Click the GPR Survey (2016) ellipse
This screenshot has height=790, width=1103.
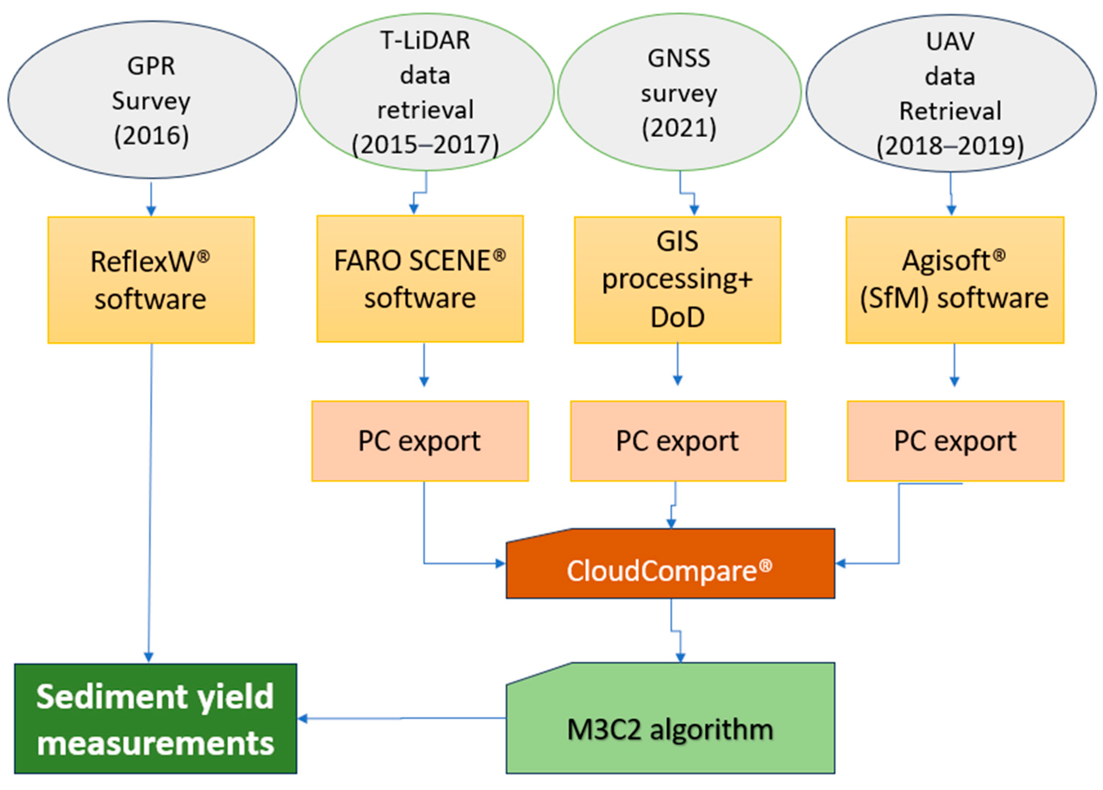[152, 100]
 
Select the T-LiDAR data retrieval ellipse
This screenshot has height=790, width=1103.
[426, 92]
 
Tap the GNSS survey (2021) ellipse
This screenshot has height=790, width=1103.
[679, 92]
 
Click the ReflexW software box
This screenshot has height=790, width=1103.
[151, 280]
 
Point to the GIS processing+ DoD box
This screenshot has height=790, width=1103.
[677, 280]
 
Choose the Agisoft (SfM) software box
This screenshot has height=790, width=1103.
[954, 280]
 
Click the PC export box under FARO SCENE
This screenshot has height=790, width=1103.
[420, 441]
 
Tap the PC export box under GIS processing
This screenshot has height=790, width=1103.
[677, 441]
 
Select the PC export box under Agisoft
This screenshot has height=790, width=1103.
[955, 441]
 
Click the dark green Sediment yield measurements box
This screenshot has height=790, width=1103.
[155, 719]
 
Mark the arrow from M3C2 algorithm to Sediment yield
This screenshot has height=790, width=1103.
[402, 718]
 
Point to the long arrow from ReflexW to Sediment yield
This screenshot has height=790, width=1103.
[150, 501]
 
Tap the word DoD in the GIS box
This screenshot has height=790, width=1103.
[677, 317]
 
